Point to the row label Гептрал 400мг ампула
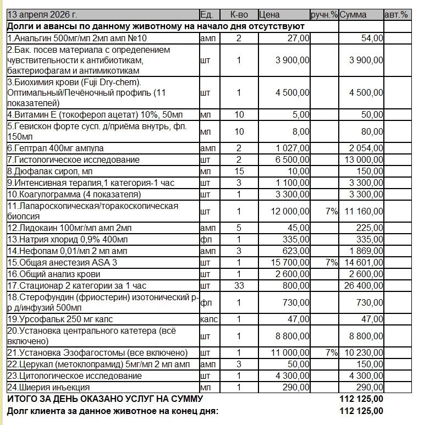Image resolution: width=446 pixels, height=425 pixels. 56,148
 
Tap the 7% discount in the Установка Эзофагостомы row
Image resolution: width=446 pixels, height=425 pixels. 331,352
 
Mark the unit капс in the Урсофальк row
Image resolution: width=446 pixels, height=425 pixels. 209,318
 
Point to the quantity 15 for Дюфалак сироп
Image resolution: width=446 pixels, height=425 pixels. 239,172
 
